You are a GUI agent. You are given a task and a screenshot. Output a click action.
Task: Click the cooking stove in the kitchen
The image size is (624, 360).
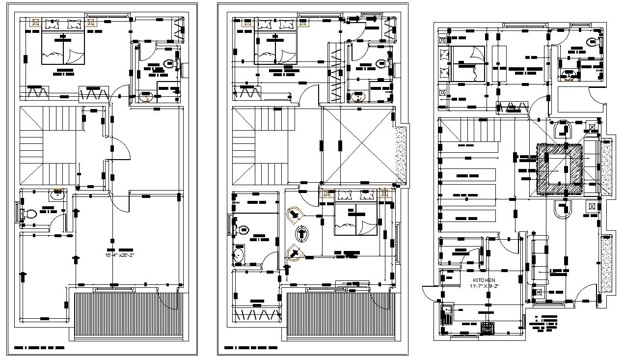pyautogui.click(x=488, y=328)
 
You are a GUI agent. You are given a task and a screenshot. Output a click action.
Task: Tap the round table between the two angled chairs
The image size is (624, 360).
pyautogui.click(x=302, y=233)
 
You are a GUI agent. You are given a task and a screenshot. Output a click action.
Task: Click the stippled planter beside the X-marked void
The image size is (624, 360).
pyautogui.click(x=401, y=148)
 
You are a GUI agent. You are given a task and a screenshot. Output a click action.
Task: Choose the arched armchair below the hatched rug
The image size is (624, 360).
pyautogui.click(x=563, y=209)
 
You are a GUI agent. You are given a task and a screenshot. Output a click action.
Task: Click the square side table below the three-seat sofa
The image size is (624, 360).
pyautogui.click(x=539, y=292)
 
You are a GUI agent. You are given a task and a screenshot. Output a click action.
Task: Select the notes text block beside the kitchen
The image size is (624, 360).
pyautogui.click(x=545, y=322)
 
